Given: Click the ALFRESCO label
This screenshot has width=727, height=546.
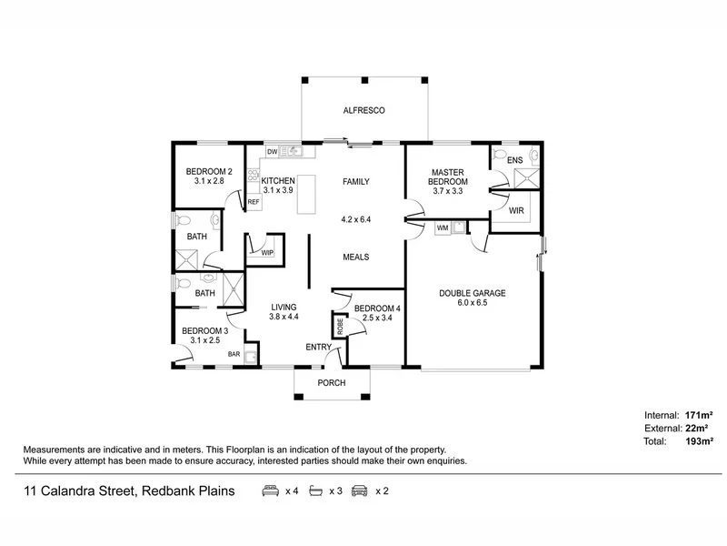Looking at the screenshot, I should tap(364, 110).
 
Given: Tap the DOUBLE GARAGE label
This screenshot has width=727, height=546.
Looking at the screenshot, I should tap(472, 293).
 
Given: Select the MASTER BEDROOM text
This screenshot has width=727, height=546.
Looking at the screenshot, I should tap(449, 177).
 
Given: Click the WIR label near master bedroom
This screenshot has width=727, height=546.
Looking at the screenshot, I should tap(516, 211).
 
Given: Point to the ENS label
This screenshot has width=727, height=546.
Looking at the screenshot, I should tap(515, 160).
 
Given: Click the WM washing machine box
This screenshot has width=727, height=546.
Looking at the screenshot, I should tap(443, 227).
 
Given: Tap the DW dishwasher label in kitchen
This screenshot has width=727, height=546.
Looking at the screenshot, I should tap(272, 152).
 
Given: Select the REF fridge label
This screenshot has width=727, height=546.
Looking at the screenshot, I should tap(253, 202).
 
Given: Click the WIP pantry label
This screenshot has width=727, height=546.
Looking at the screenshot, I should tap(267, 252).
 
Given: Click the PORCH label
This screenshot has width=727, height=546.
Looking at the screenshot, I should tap(332, 383).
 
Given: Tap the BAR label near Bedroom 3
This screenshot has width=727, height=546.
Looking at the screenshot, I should tap(234, 354).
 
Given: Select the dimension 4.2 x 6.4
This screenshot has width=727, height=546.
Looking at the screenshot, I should tap(355, 219).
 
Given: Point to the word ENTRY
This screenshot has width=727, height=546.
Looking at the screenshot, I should tap(319, 347).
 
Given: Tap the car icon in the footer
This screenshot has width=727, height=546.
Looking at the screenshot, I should tap(359, 491).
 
